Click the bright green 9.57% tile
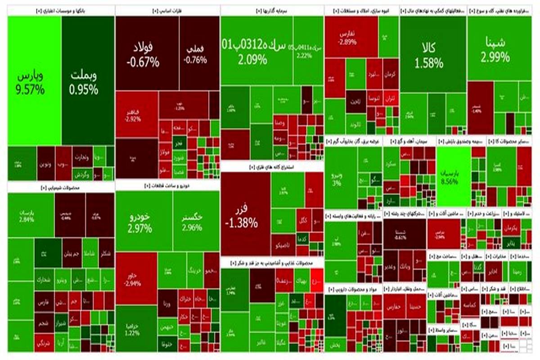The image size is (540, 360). pyautogui.click(x=34, y=81)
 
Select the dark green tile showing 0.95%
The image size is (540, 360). pyautogui.click(x=88, y=81)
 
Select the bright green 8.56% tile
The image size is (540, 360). pyautogui.click(x=454, y=178)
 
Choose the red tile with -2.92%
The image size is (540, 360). pyautogui.click(x=136, y=115)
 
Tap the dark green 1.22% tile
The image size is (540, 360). pyautogui.click(x=136, y=328)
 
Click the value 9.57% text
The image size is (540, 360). pyautogui.click(x=30, y=90)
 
